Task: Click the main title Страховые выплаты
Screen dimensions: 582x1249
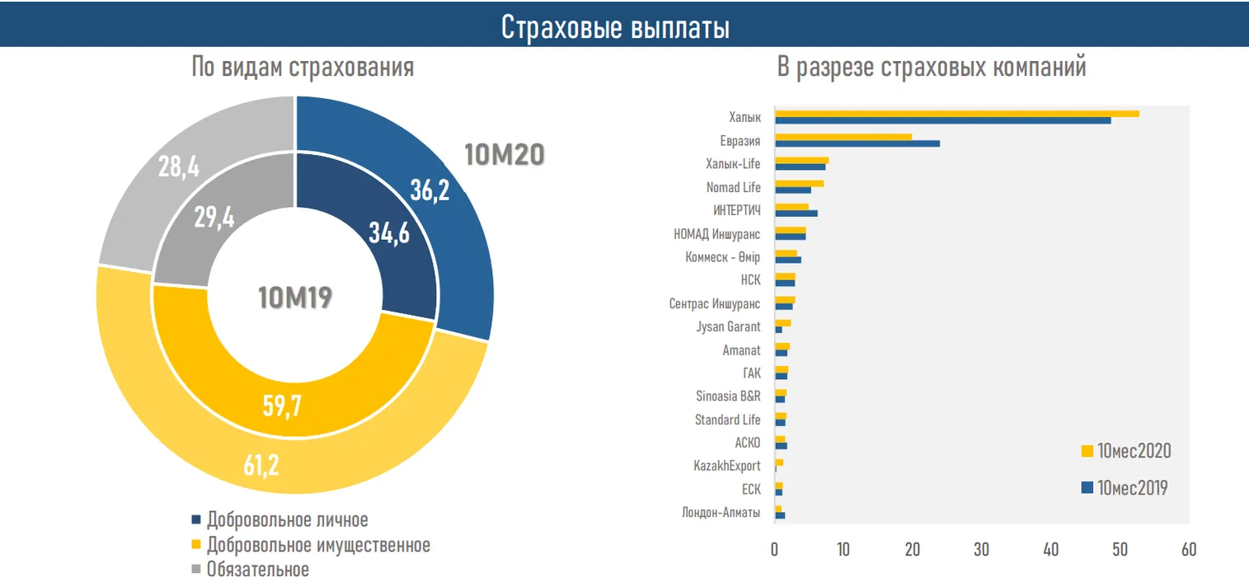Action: tap(615, 27)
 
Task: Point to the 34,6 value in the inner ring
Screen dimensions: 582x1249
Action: tap(389, 234)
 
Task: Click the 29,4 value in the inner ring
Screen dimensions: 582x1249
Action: tap(214, 218)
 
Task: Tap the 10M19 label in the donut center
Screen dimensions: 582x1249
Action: tap(294, 298)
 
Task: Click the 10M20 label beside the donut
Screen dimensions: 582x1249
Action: tap(505, 154)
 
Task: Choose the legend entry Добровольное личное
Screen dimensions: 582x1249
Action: tap(287, 520)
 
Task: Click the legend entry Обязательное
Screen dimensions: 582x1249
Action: tap(258, 570)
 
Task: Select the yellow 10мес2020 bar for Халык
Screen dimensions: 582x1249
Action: tap(956, 114)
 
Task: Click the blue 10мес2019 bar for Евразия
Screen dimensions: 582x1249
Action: tap(857, 143)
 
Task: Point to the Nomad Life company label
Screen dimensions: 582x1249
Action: tap(733, 187)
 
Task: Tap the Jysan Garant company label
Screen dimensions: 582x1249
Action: tap(728, 326)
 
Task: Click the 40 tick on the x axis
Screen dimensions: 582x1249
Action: tap(1050, 549)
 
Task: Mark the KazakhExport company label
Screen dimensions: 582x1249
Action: tap(726, 466)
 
